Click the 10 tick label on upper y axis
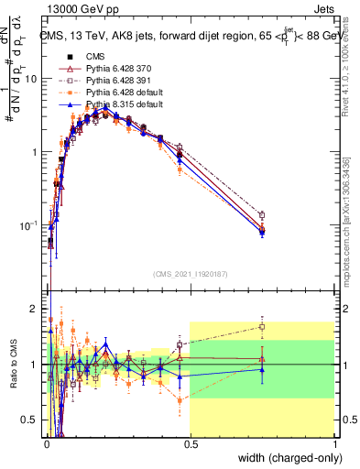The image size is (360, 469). [31, 79]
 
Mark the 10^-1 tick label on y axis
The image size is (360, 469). [29, 225]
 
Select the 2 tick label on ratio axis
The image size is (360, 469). [36, 308]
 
